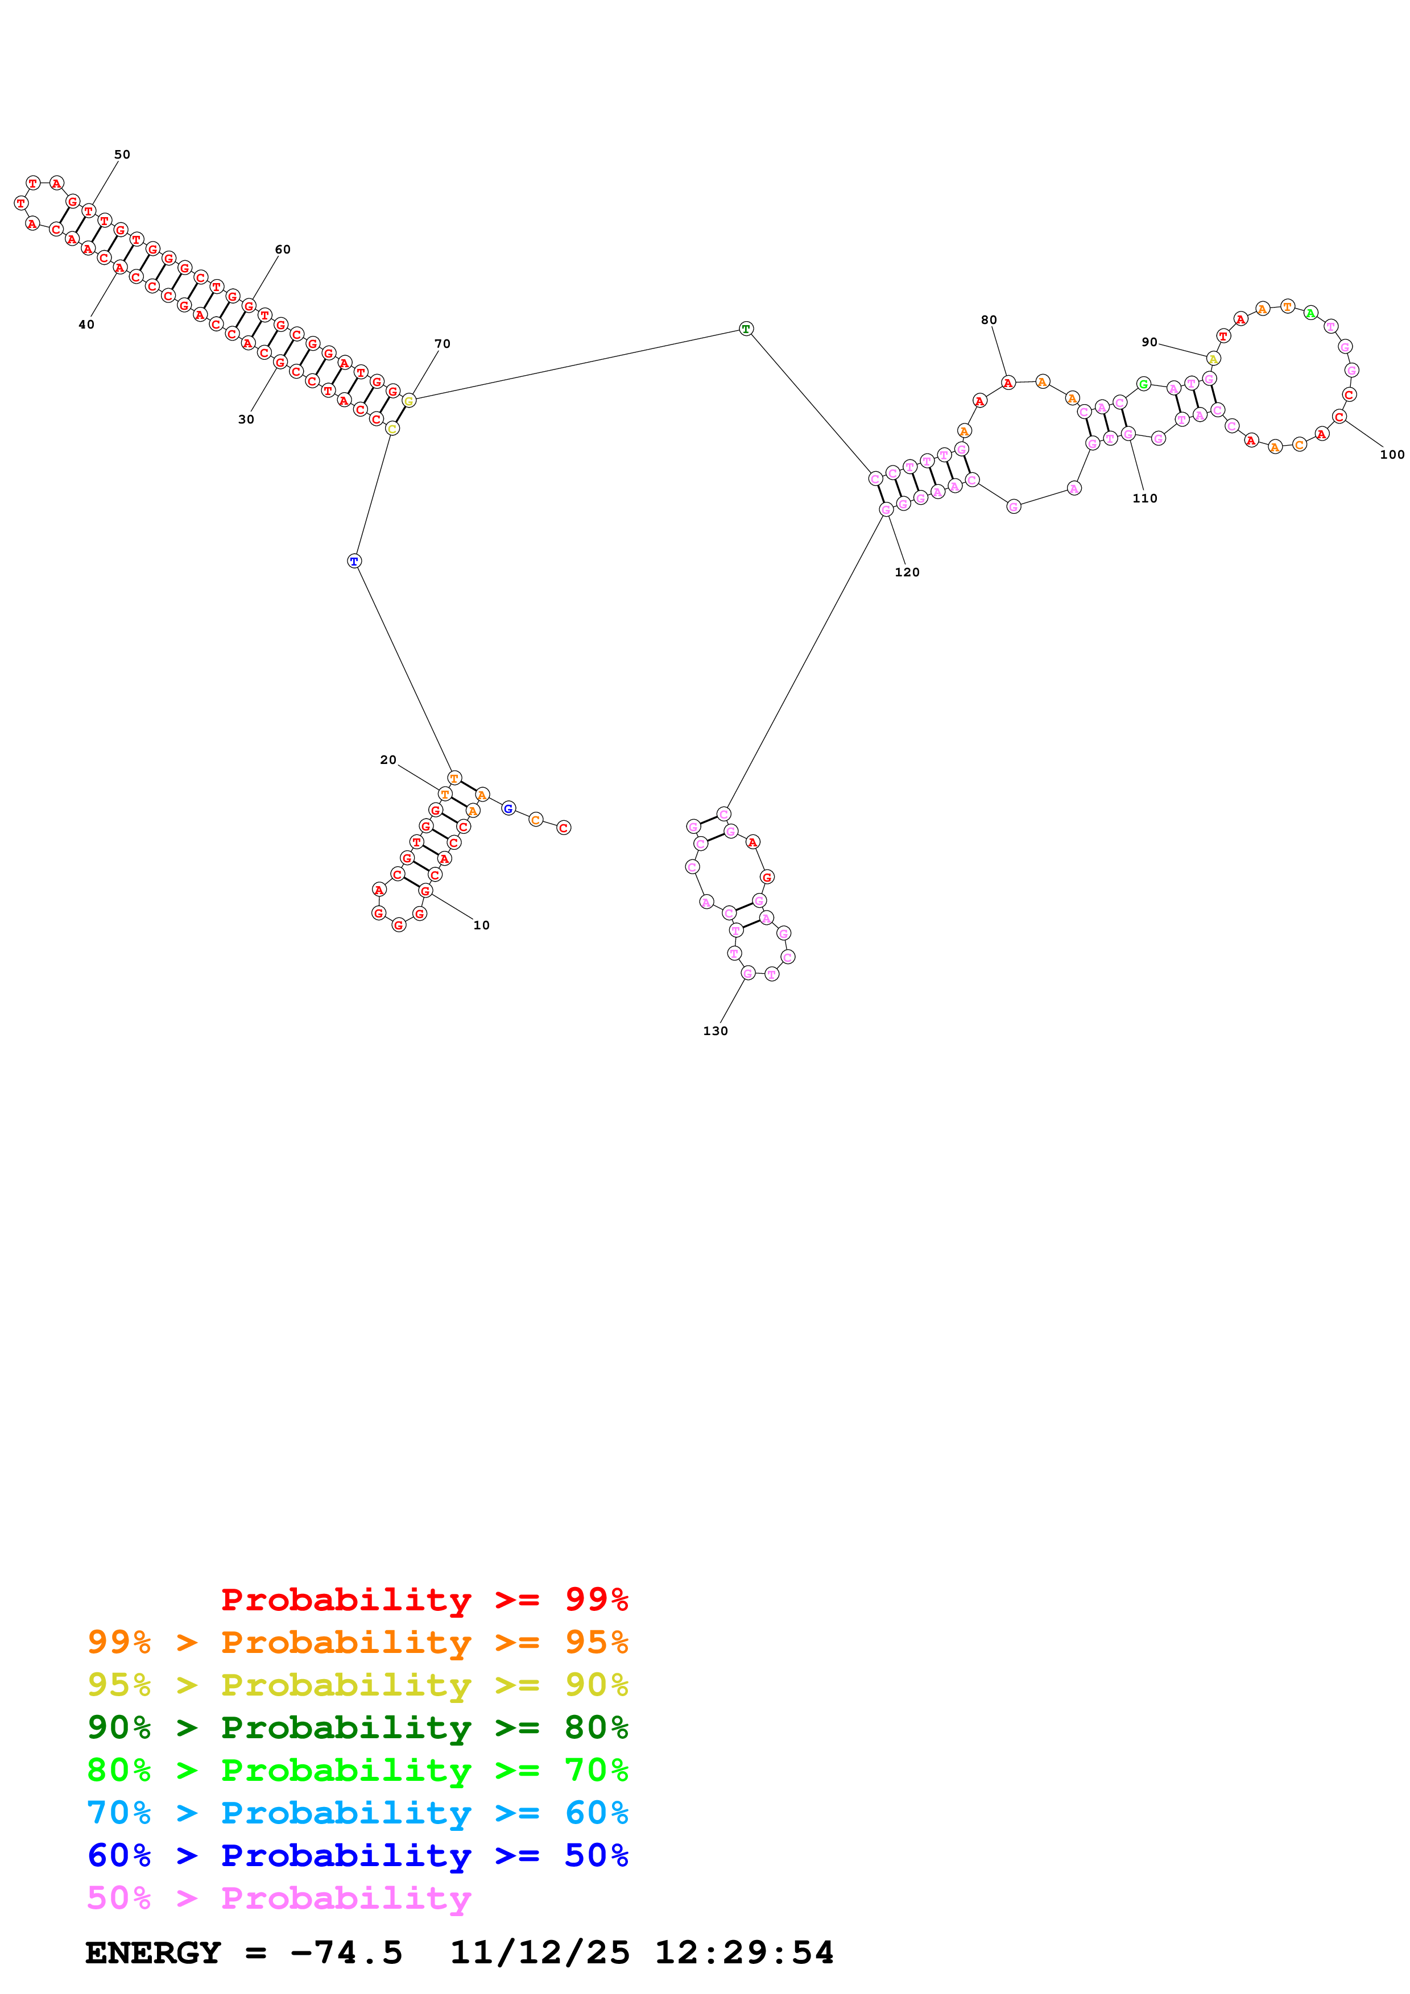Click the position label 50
point(122,155)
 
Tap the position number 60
point(282,249)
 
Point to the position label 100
point(1392,454)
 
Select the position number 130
point(715,1031)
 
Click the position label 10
point(481,925)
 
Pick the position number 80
point(989,319)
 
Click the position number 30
point(246,419)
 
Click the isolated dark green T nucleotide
point(746,329)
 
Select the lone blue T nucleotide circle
point(354,561)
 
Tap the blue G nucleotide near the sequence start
point(508,808)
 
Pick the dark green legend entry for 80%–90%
point(357,1727)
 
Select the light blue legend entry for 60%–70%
point(357,1813)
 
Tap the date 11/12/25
point(540,1953)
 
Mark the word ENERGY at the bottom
point(153,1953)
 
